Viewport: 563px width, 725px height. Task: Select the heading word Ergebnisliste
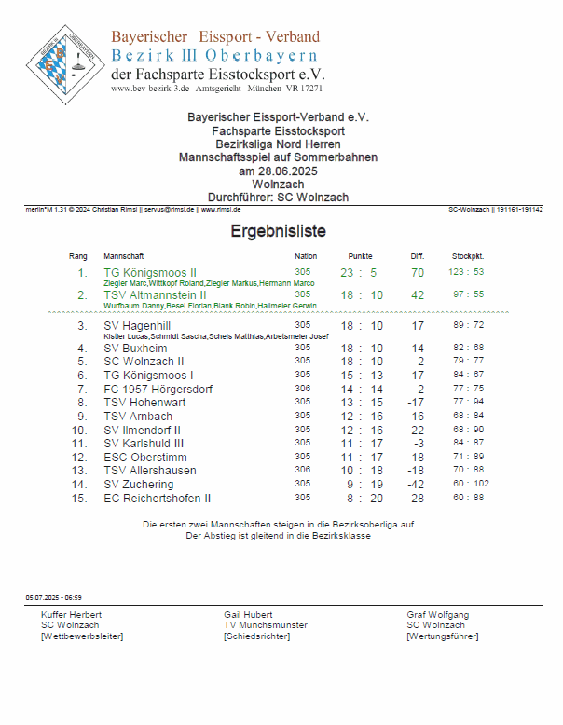coord(278,232)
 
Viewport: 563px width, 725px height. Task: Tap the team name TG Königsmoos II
coord(149,273)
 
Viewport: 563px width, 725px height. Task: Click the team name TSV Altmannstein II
coord(155,295)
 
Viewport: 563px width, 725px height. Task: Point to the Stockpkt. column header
coord(467,255)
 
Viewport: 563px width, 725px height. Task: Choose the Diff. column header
coord(417,255)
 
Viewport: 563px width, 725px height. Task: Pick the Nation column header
coord(306,255)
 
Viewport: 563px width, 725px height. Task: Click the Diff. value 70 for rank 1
coord(417,273)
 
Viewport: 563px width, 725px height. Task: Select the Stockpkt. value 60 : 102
coord(469,485)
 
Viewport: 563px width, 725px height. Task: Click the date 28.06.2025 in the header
coord(277,171)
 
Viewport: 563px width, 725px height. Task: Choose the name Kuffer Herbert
coord(72,615)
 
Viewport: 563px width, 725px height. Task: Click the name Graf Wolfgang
coord(437,615)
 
